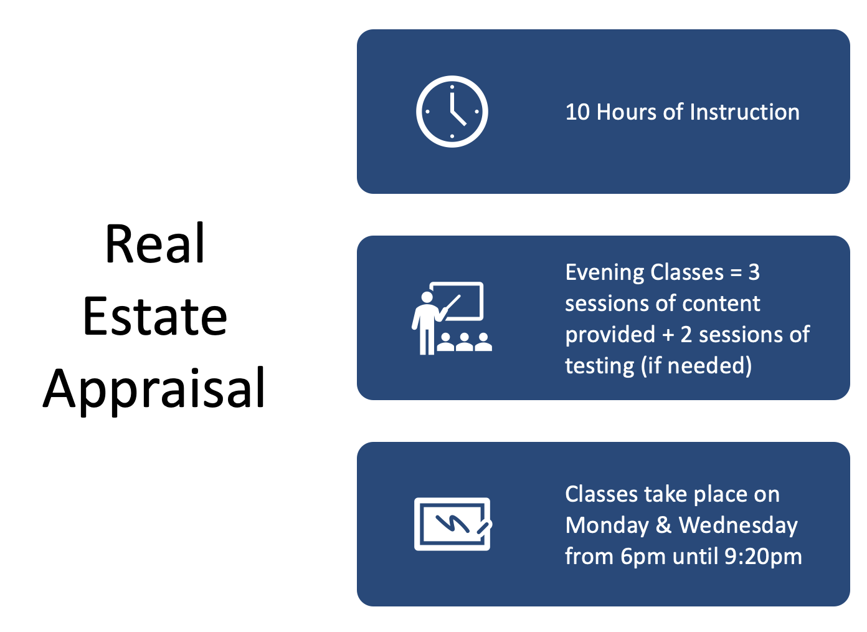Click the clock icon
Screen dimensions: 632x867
(x=452, y=112)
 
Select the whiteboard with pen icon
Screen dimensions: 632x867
(x=453, y=524)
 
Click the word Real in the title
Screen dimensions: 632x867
(x=154, y=244)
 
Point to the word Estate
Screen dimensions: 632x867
(x=154, y=316)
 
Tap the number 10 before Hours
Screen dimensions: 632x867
(x=577, y=112)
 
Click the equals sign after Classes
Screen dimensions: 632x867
(x=736, y=273)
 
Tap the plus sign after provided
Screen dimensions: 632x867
(x=668, y=335)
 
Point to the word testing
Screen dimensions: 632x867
(x=599, y=366)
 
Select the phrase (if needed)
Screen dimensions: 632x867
(x=696, y=366)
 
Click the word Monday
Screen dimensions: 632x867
(x=607, y=525)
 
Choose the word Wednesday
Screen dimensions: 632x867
(x=738, y=525)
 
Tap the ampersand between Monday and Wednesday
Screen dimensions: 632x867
(x=664, y=525)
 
